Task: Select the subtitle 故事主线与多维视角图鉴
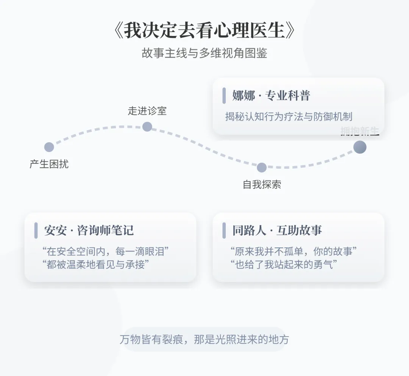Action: pyautogui.click(x=204, y=53)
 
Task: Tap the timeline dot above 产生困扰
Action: pyautogui.click(x=49, y=147)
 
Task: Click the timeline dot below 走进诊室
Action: pyautogui.click(x=147, y=127)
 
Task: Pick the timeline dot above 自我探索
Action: pyautogui.click(x=262, y=167)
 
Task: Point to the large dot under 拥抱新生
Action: pyautogui.click(x=360, y=147)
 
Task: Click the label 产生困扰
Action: pyautogui.click(x=49, y=164)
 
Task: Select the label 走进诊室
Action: pyautogui.click(x=147, y=111)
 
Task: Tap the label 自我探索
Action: pyautogui.click(x=262, y=185)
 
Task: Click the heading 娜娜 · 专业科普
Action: pyautogui.click(x=271, y=96)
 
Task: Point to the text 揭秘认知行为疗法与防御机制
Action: pyautogui.click(x=289, y=116)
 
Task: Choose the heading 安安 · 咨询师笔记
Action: pyautogui.click(x=89, y=230)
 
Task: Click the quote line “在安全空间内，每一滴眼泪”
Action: pyautogui.click(x=105, y=251)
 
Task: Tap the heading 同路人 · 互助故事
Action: pyautogui.click(x=277, y=230)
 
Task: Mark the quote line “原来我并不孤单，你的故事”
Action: pyautogui.click(x=293, y=251)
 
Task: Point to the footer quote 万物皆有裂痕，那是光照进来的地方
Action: pyautogui.click(x=204, y=339)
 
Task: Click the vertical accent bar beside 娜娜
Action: pyautogui.click(x=224, y=96)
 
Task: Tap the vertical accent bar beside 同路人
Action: pyautogui.click(x=224, y=230)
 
